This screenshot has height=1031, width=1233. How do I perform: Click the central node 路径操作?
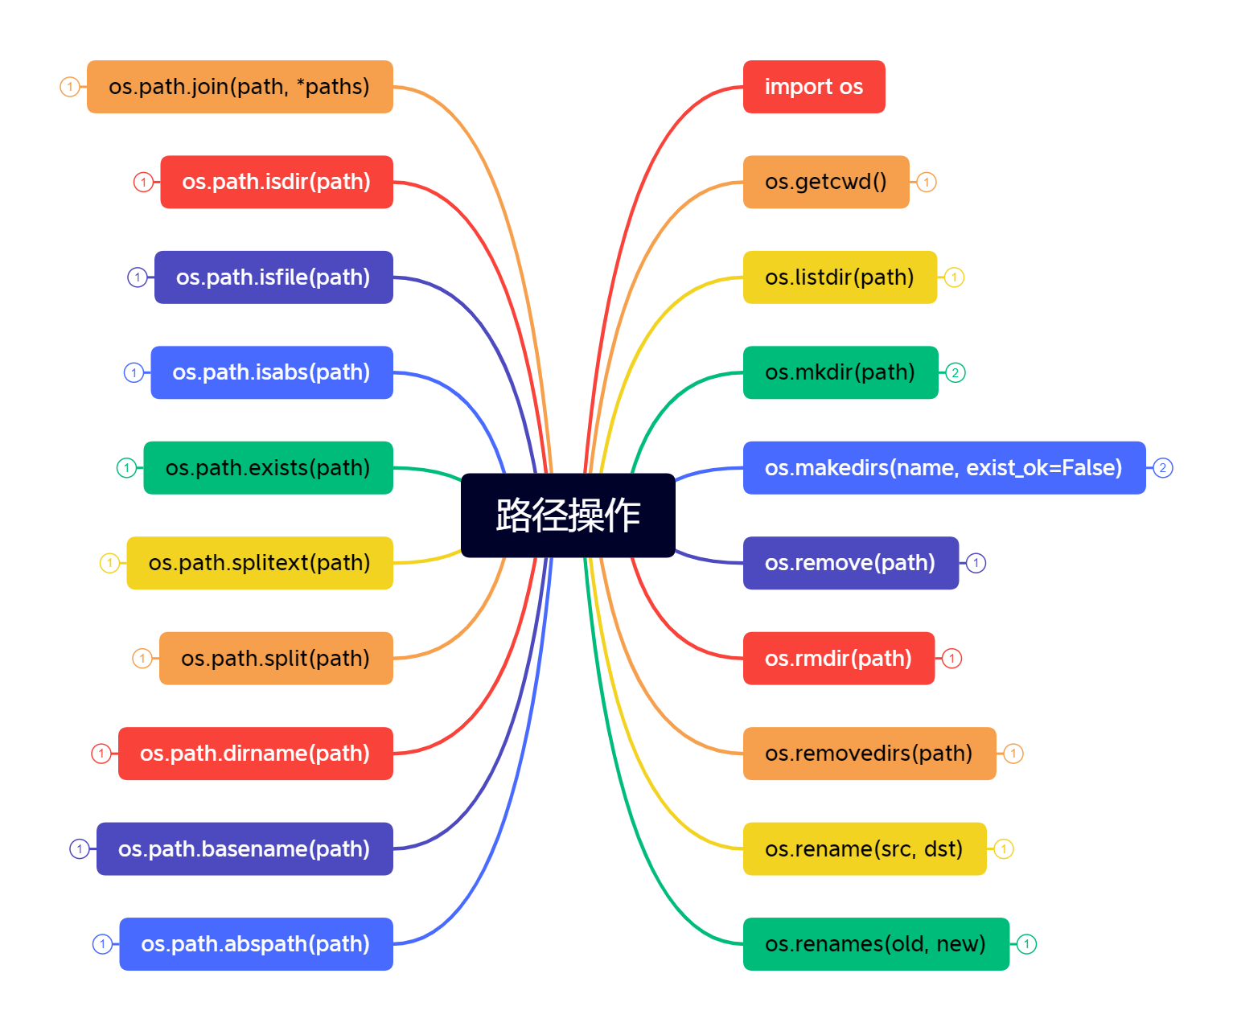pos(568,515)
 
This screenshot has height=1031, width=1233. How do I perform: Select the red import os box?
pos(813,87)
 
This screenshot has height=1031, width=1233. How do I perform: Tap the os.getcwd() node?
pos(825,182)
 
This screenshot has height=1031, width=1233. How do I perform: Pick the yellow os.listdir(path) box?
pos(839,277)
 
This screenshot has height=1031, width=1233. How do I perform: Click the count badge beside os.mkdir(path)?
pos(955,373)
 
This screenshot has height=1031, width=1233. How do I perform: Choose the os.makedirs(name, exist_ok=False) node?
pos(943,468)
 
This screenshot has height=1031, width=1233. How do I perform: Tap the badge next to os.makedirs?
pos(1162,468)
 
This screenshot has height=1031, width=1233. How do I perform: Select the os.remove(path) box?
pos(850,563)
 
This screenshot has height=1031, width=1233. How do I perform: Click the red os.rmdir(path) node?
pos(838,659)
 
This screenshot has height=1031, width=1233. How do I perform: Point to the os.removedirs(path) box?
pos(869,754)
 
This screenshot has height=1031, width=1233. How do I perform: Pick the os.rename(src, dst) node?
pos(864,849)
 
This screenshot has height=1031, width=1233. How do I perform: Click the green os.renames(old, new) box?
pos(875,944)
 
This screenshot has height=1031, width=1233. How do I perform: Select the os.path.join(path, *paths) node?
pos(240,87)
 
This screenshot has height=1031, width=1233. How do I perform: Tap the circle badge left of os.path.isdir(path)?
pos(143,183)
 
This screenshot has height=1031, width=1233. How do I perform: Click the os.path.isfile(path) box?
pos(273,277)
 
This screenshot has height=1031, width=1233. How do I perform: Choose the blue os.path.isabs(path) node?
pos(271,373)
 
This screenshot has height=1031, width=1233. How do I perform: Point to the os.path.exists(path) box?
pos(268,468)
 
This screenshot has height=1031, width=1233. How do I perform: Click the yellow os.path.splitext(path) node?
pos(259,563)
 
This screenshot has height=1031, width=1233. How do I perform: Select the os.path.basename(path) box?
pos(244,849)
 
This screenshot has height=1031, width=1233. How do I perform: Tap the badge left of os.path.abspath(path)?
pos(102,944)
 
